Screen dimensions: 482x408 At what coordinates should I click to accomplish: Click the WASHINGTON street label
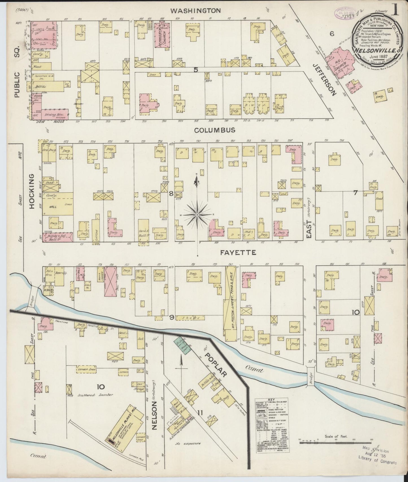196,11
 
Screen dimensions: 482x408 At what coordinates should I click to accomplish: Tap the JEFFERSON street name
325,79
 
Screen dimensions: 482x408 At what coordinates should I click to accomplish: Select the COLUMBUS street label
215,130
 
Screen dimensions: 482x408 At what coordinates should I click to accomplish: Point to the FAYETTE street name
238,253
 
